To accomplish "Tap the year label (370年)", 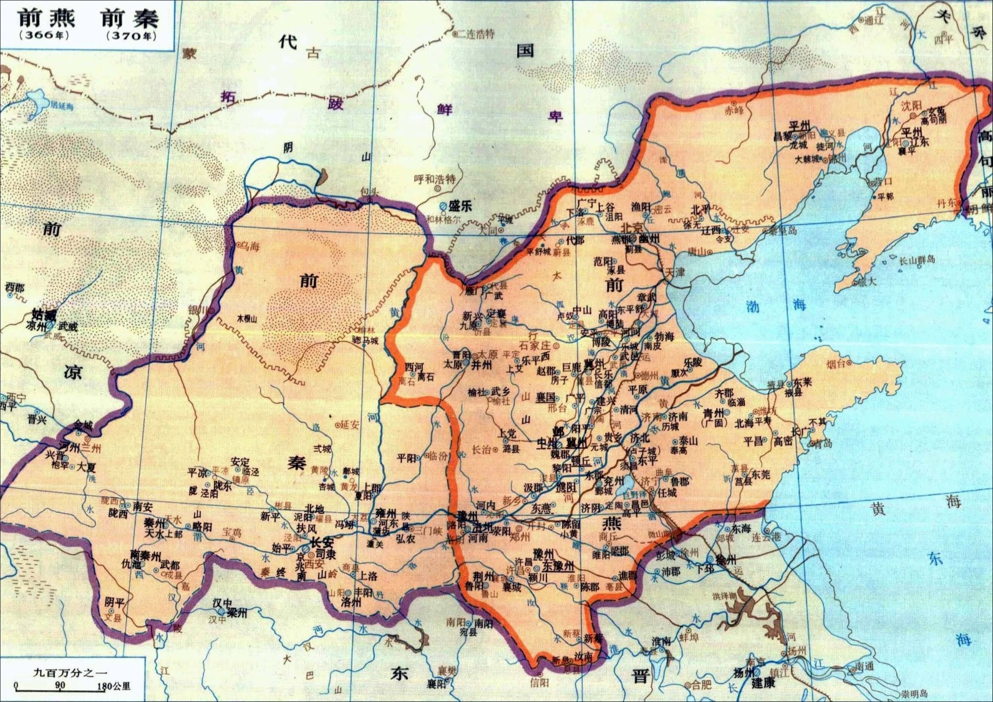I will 132,36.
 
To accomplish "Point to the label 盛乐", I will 460,206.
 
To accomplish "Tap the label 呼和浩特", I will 435,179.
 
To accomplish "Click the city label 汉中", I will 221,603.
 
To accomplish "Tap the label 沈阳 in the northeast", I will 913,105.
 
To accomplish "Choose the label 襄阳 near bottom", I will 436,684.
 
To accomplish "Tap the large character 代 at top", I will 288,42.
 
